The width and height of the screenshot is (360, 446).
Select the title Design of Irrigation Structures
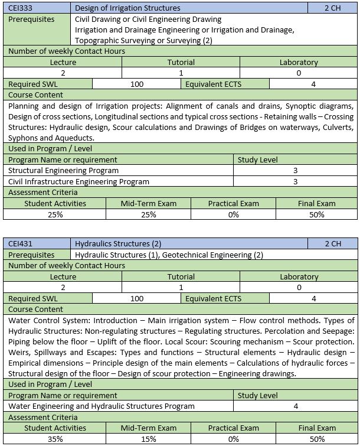point(128,8)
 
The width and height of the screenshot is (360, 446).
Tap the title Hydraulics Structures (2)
point(119,243)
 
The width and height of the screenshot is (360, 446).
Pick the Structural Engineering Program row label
point(63,170)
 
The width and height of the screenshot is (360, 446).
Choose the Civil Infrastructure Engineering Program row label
point(78,181)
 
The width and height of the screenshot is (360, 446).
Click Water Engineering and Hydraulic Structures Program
point(101,406)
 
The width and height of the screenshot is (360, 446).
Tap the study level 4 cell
point(296,406)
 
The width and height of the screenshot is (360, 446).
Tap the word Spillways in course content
point(50,353)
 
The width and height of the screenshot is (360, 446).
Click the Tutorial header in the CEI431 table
point(181,276)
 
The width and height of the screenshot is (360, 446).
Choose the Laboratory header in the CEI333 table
point(299,62)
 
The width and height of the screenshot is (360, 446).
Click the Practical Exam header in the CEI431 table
point(233,428)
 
